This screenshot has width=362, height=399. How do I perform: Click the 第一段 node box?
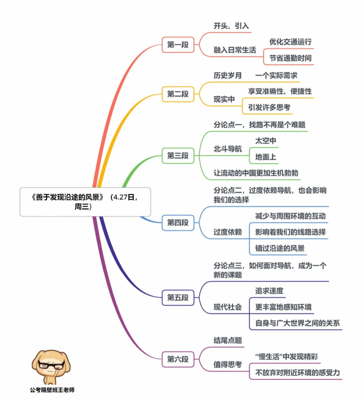click(x=178, y=45)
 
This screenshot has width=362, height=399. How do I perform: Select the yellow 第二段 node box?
click(x=178, y=94)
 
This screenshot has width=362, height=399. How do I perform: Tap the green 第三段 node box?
click(x=178, y=156)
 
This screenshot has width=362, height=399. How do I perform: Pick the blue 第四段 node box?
click(x=178, y=222)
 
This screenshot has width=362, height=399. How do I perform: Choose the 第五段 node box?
click(x=178, y=298)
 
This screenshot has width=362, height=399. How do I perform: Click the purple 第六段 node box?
click(x=178, y=359)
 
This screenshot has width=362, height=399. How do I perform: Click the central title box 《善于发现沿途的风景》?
click(x=85, y=202)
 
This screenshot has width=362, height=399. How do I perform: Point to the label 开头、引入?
click(x=231, y=26)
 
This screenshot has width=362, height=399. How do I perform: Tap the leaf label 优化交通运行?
click(x=290, y=42)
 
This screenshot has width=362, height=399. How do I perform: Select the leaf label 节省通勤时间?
click(x=290, y=58)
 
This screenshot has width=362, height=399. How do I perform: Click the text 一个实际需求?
click(x=276, y=76)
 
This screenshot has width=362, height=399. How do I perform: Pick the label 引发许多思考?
click(x=269, y=107)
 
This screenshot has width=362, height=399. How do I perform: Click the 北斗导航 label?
click(x=228, y=149)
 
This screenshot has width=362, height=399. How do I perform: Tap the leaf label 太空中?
click(x=265, y=141)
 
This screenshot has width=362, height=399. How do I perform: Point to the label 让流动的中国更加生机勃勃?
click(x=256, y=173)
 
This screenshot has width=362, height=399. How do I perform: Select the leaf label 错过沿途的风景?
click(x=280, y=248)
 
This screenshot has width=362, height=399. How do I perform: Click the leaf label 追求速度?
click(x=269, y=291)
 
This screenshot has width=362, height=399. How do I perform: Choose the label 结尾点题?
click(x=228, y=341)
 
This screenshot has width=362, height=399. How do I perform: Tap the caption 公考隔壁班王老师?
click(x=52, y=390)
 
